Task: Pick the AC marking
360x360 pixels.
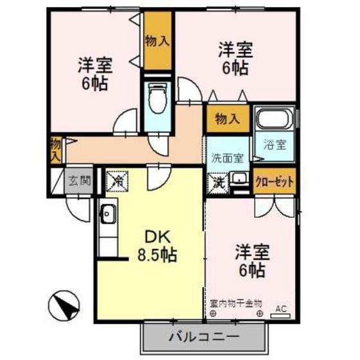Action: coord(281,309)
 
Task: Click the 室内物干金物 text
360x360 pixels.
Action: coord(235,301)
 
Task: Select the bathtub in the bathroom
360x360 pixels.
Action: coord(274,118)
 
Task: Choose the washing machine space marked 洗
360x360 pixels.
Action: coord(219,183)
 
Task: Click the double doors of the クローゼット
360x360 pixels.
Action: coord(275,205)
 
